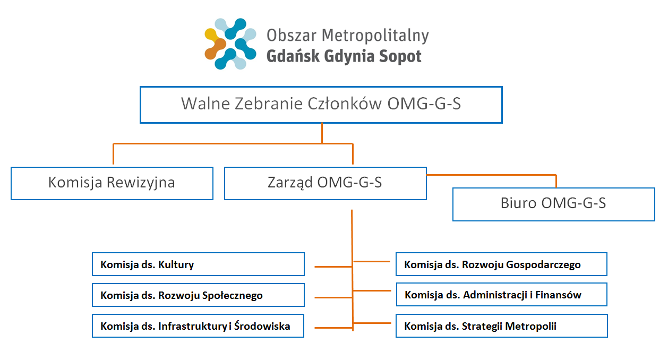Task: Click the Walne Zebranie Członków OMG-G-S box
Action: click(321, 105)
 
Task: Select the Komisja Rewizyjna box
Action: click(112, 183)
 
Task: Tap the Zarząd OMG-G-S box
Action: click(326, 183)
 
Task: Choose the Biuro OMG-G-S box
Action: click(553, 204)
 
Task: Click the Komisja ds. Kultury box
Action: click(198, 264)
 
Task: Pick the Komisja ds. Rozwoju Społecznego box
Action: click(198, 295)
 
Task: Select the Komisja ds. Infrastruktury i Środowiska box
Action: click(198, 325)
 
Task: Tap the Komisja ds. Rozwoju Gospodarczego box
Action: click(501, 264)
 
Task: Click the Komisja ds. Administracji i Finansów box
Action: click(502, 295)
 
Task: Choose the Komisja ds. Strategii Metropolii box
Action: click(502, 325)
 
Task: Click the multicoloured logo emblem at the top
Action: click(230, 44)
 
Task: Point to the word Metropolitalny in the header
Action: click(375, 36)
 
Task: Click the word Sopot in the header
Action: click(400, 56)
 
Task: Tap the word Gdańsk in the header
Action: click(293, 56)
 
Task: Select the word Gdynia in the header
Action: click(349, 56)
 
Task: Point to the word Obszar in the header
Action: click(292, 35)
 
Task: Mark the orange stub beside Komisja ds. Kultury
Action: click(333, 267)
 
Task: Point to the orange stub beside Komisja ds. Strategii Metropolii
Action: click(372, 323)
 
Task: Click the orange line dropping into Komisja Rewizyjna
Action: click(113, 154)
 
